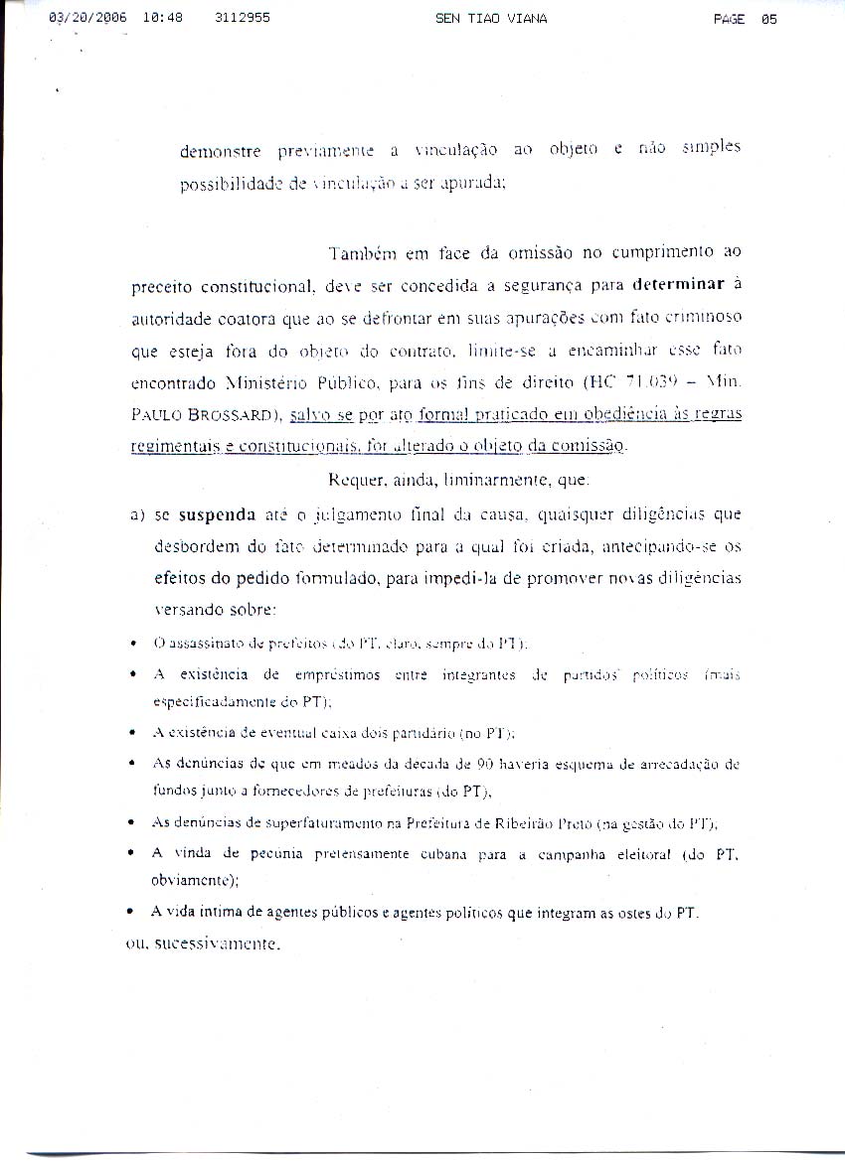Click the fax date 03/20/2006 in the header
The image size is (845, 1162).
pyautogui.click(x=86, y=18)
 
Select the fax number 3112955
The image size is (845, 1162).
pyautogui.click(x=242, y=18)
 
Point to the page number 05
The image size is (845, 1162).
pyautogui.click(x=767, y=18)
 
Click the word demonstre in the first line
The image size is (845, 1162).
pyautogui.click(x=221, y=152)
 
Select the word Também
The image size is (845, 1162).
pyautogui.click(x=361, y=253)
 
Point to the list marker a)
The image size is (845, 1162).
pyautogui.click(x=138, y=514)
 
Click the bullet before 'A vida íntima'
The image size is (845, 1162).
pyautogui.click(x=132, y=912)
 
